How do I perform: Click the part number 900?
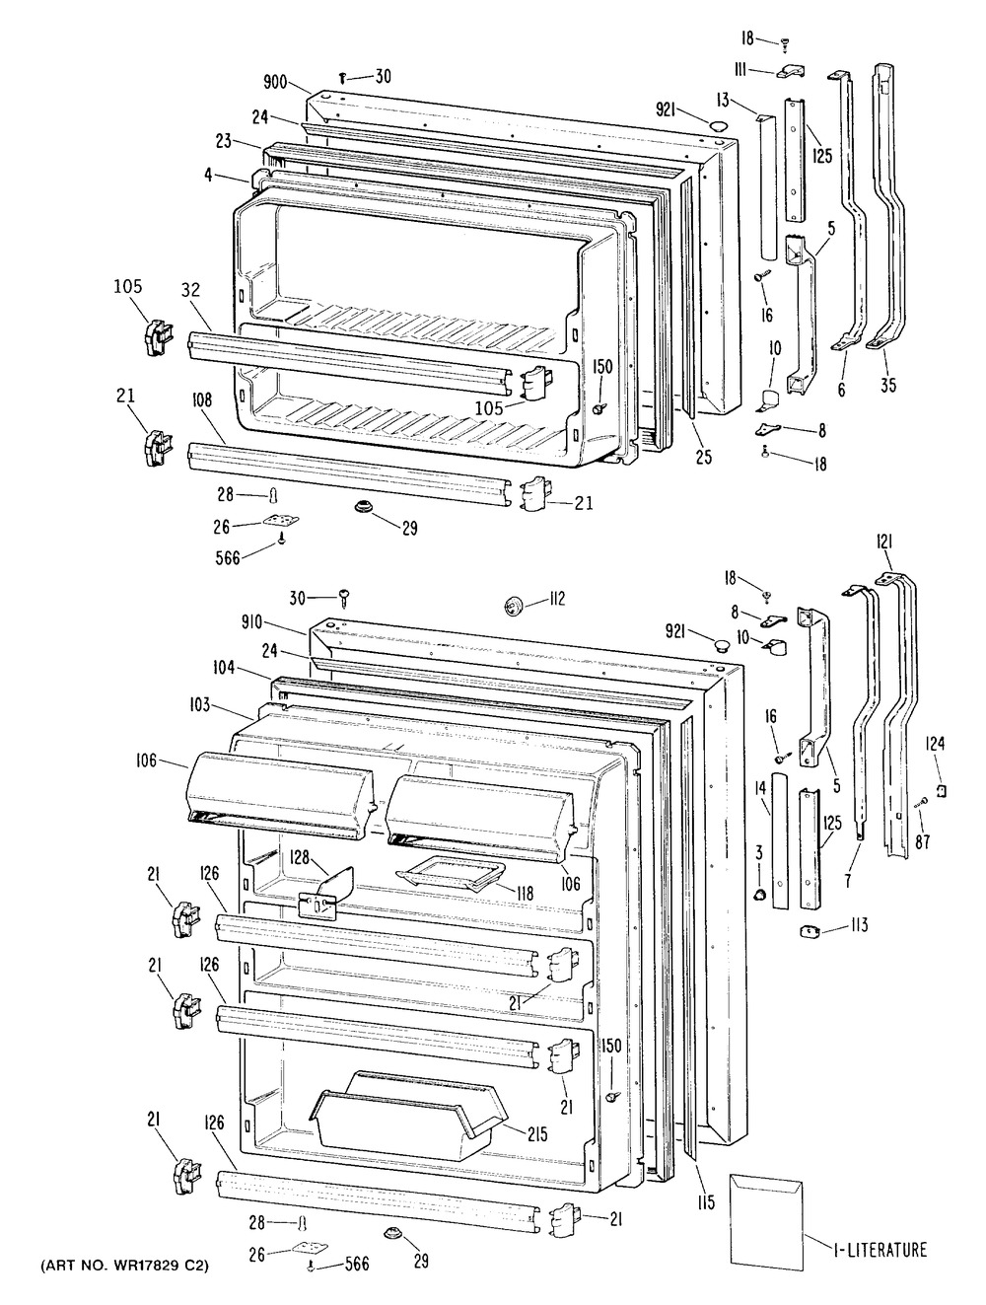(275, 82)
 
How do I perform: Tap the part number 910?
(252, 623)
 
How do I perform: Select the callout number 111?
(740, 70)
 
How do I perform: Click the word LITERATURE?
(891, 1249)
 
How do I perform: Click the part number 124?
(935, 743)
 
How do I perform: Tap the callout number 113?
(859, 925)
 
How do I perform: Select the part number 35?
(888, 386)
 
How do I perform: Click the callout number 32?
(191, 290)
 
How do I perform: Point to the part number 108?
(201, 399)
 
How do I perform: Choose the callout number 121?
(885, 543)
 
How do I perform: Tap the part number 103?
(200, 705)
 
